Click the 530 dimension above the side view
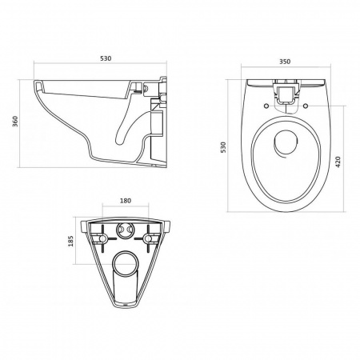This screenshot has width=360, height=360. coord(106,58)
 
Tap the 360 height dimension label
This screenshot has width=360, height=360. coord(15,122)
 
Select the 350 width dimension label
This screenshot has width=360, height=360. coord(285,62)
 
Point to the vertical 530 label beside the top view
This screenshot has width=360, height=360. coord(223,147)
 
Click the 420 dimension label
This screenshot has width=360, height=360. coord(338,162)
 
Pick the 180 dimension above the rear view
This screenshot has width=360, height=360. coord(126,201)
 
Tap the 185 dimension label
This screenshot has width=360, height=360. coord(70,241)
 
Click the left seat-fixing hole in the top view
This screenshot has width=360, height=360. coord(266,106)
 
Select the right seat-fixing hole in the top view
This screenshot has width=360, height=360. coord(306,106)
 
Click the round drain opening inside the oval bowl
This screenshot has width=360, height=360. coord(286,142)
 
